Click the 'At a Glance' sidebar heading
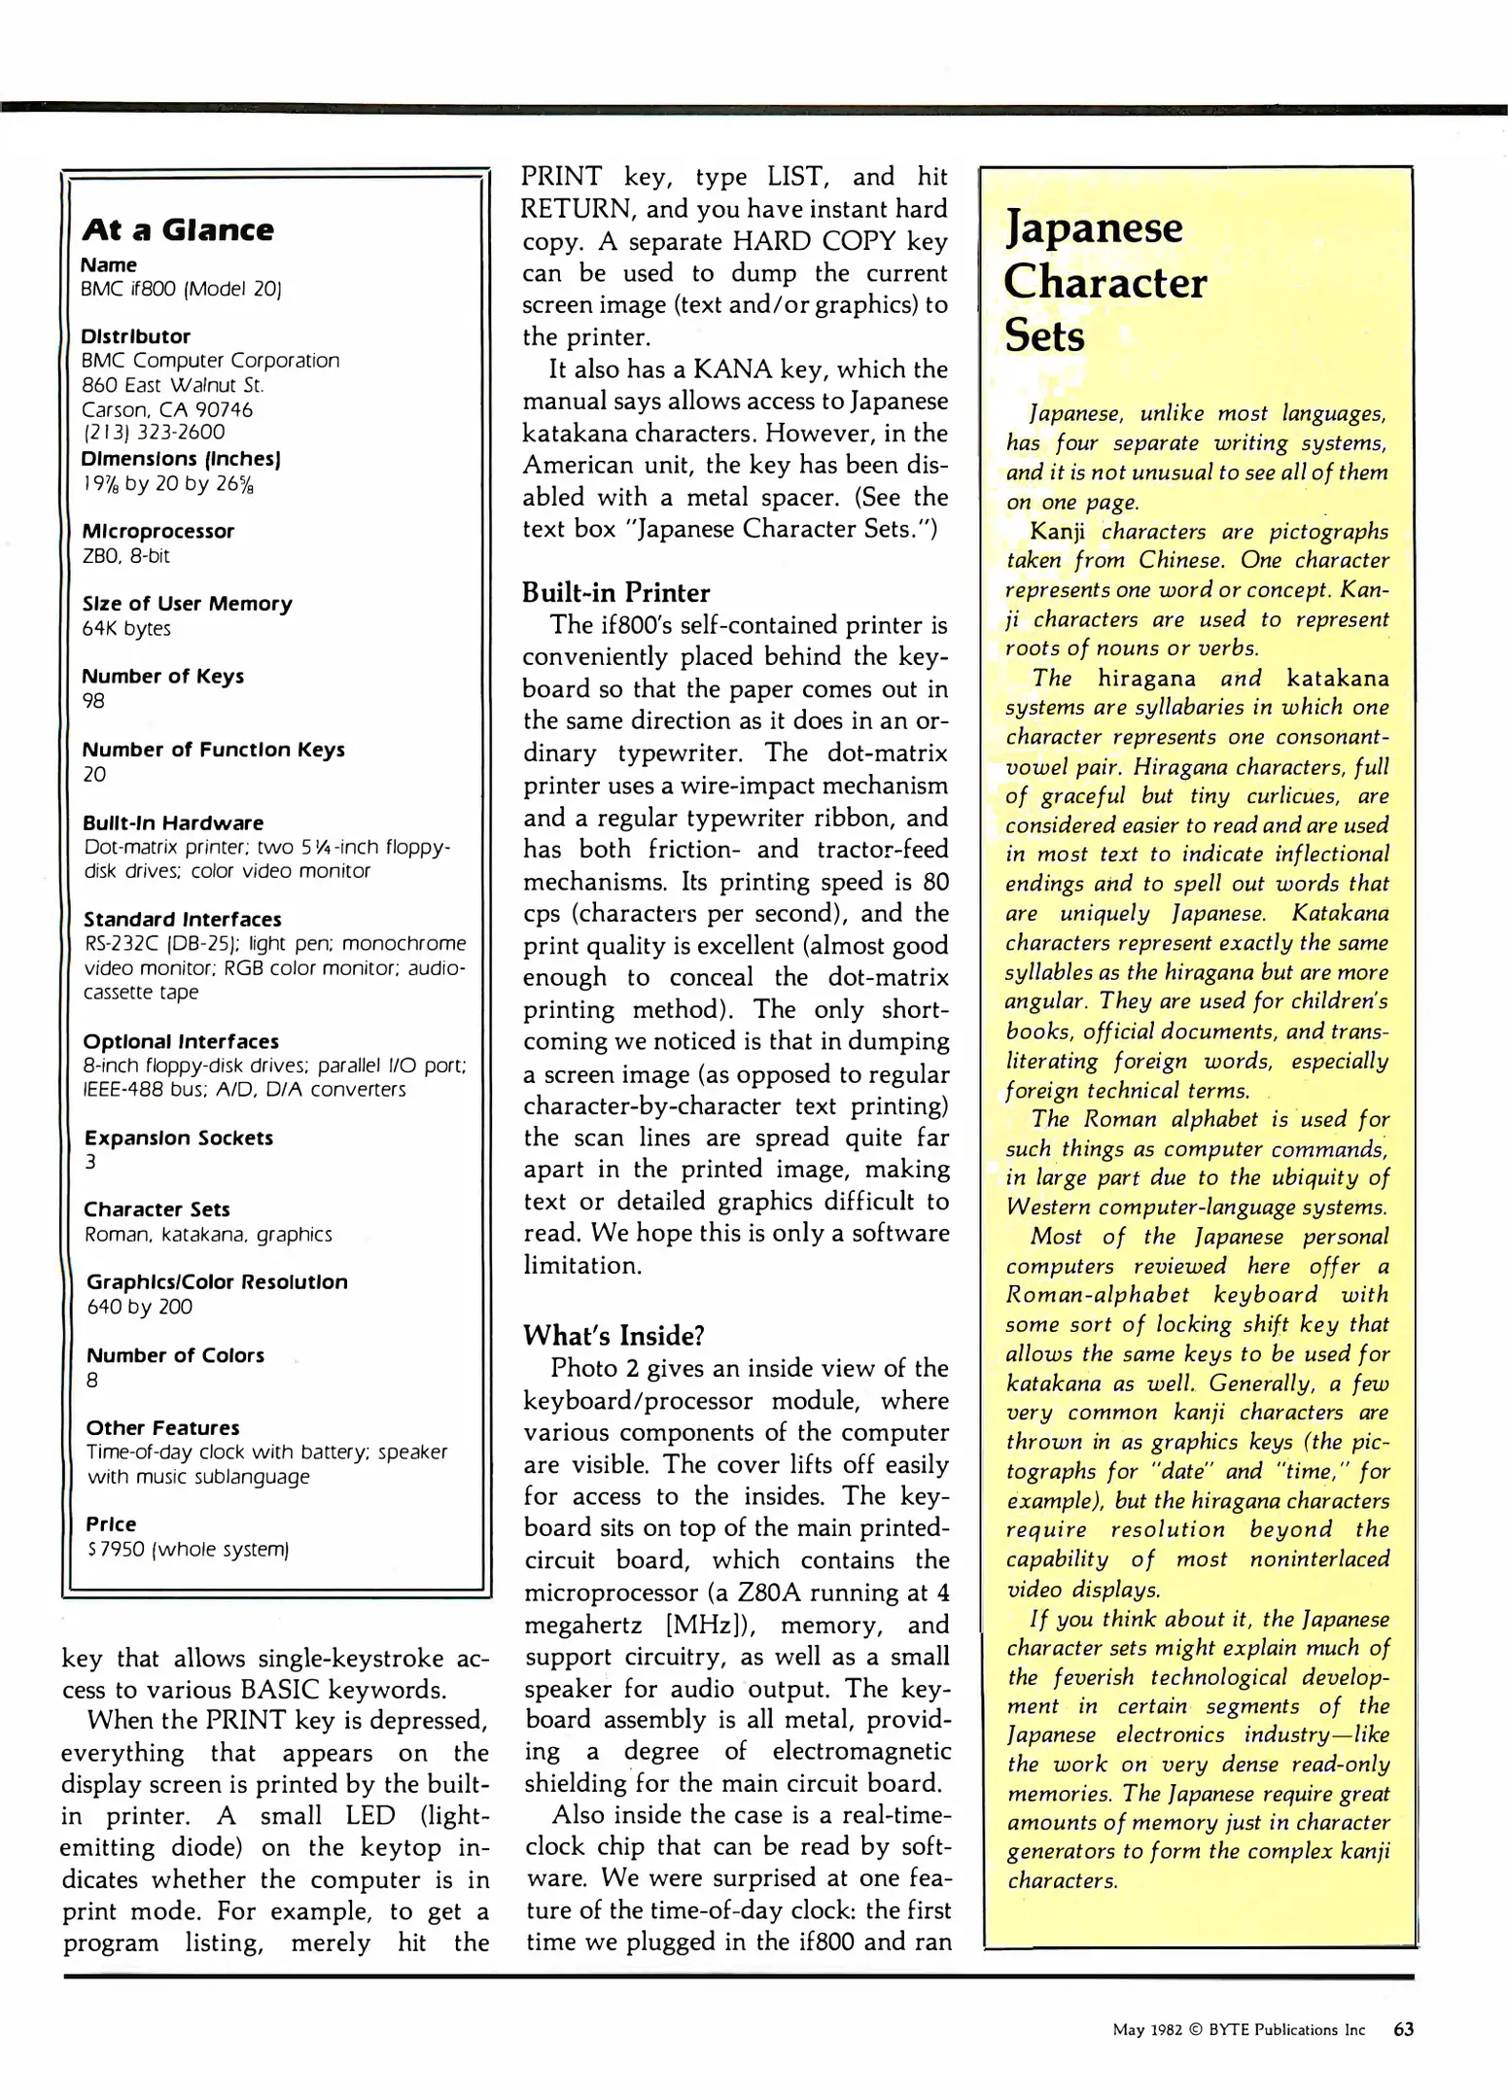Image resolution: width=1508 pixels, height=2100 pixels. (x=178, y=230)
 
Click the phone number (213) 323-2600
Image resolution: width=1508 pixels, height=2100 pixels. (x=154, y=432)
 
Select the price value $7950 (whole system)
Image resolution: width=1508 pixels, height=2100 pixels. (x=189, y=1549)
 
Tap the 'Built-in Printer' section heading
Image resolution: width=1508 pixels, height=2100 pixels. (x=615, y=592)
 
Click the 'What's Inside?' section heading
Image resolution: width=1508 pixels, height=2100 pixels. (x=614, y=1335)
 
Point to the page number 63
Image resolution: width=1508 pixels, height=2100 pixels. (x=1403, y=2029)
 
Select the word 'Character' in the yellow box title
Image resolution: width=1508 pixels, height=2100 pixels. (x=1105, y=283)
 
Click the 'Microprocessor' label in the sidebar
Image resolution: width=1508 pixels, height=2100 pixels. (x=158, y=531)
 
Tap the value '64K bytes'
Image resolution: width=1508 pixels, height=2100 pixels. (x=126, y=628)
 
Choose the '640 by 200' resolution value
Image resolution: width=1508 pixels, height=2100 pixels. (x=139, y=1307)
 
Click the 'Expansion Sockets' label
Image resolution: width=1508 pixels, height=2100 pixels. (x=179, y=1137)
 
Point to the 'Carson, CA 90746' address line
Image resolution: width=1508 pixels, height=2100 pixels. (x=167, y=409)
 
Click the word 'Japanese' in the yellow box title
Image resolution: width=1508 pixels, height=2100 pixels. (x=1094, y=227)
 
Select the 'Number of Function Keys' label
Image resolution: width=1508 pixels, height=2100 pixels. (x=213, y=750)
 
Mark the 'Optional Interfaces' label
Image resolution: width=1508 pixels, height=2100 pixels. (x=181, y=1041)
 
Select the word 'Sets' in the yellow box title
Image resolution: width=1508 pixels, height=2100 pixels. (x=1044, y=336)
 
